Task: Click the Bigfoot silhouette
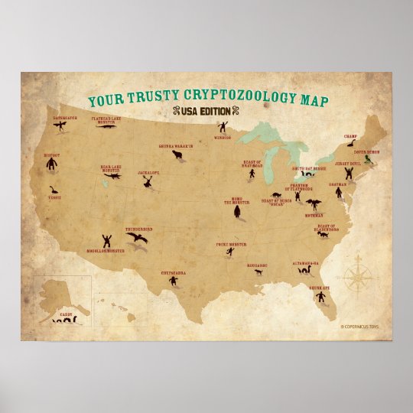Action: [x=53, y=164]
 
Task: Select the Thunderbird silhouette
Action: [x=138, y=239]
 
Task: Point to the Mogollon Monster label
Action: [x=105, y=249]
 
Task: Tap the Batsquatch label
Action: [x=65, y=119]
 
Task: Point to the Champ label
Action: [x=350, y=135]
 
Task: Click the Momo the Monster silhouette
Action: [x=237, y=210]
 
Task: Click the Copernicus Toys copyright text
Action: [x=361, y=327]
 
